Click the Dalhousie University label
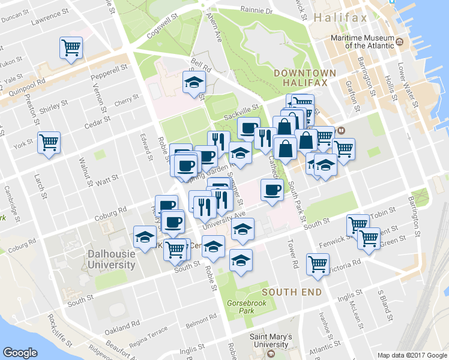pos(111,259)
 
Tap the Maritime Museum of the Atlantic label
pos(363,41)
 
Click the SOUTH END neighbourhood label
pos(291,292)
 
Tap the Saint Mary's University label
pos(271,341)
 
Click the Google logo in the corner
pos(20,352)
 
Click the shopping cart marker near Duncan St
pos(71,47)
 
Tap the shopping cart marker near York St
pos(49,143)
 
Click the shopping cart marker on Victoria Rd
pos(318,263)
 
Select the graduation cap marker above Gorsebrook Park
pos(241,260)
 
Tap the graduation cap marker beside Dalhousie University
pos(145,238)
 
